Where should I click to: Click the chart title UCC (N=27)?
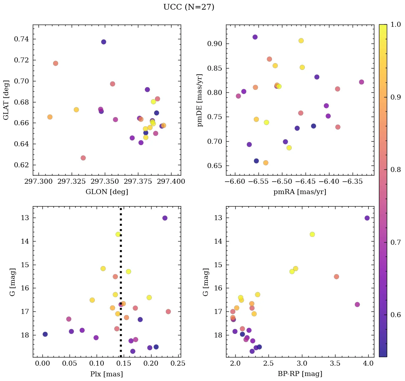click(x=189, y=7)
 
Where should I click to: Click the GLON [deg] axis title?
click(x=107, y=192)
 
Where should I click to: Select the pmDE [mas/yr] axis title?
click(x=200, y=100)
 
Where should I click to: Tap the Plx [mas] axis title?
click(x=107, y=374)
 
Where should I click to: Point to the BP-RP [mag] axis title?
click(x=300, y=374)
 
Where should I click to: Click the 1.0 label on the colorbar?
click(x=395, y=25)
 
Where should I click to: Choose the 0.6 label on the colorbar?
click(x=395, y=315)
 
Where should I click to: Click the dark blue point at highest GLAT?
click(x=103, y=42)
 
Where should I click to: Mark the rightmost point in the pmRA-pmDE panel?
click(x=362, y=82)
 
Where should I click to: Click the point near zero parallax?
click(x=45, y=334)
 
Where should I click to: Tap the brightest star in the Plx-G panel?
click(x=165, y=218)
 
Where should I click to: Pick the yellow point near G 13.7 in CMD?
click(x=312, y=234)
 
